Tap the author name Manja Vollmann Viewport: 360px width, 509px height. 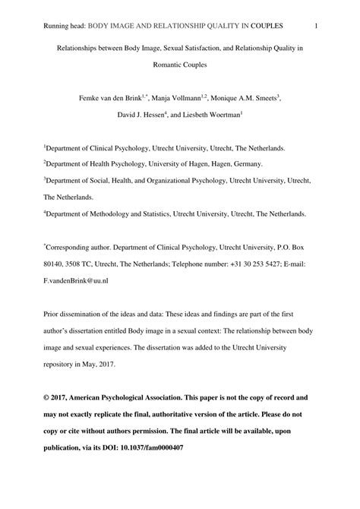182,99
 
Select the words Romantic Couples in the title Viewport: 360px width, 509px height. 180,65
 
